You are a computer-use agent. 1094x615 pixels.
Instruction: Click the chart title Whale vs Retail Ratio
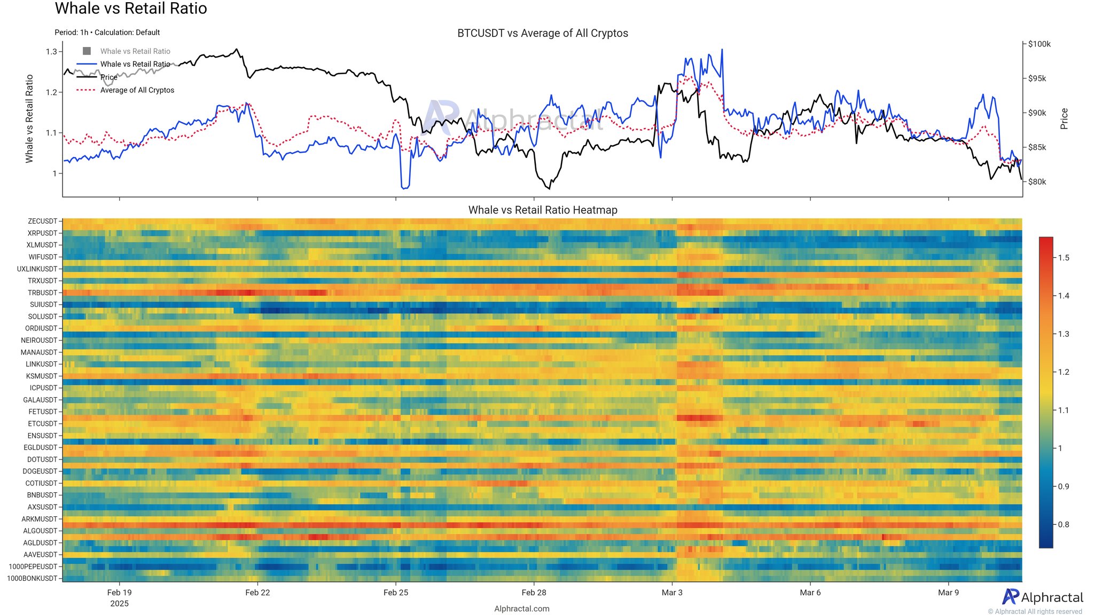[x=131, y=9]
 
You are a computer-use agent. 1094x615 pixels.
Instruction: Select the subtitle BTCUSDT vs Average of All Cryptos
[x=542, y=33]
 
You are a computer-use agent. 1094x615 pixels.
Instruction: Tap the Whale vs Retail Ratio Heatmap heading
[x=542, y=210]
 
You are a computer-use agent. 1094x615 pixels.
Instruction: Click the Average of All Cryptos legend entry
[x=137, y=90]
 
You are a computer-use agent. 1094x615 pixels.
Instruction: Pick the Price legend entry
[x=108, y=77]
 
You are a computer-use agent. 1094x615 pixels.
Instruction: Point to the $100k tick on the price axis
[x=1039, y=44]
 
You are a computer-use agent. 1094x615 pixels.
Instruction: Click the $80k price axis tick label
[x=1037, y=182]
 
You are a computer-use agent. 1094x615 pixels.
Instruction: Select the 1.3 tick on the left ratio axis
[x=51, y=52]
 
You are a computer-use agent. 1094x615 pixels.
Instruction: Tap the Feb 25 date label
[x=395, y=593]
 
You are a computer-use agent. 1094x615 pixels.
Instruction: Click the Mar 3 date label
[x=671, y=593]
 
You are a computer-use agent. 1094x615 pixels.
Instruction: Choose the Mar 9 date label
[x=948, y=593]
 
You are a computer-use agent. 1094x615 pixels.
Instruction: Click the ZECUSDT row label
[x=42, y=221]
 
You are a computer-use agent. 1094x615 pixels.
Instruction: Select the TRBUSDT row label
[x=42, y=293]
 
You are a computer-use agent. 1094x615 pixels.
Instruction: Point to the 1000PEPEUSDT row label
[x=33, y=566]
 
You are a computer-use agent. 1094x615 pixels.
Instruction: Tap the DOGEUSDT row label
[x=40, y=471]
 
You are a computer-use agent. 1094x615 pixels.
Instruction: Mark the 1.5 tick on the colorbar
[x=1064, y=258]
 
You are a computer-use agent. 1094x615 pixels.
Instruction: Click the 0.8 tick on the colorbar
[x=1064, y=525]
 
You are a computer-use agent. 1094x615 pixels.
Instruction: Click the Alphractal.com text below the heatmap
[x=521, y=609]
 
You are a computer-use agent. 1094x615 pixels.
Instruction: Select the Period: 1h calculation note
[x=107, y=33]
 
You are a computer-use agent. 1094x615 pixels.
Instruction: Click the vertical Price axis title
[x=1064, y=119]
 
